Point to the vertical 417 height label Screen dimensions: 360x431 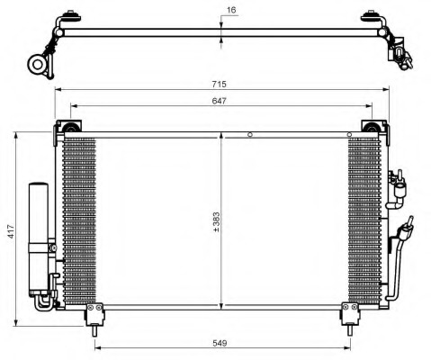(9, 229)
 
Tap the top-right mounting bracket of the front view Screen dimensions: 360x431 (369, 127)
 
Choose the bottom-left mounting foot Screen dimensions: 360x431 (94, 313)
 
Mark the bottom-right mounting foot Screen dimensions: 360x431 (346, 313)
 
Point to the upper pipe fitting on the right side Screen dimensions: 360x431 (398, 184)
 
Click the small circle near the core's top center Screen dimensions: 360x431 (251, 136)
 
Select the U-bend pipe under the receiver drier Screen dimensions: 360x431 (45, 305)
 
